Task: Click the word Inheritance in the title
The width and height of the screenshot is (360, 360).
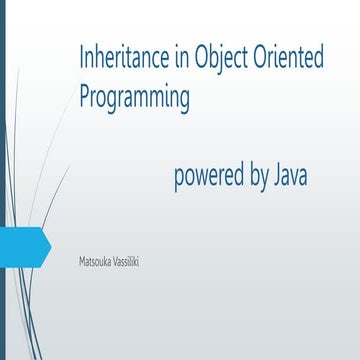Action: [x=119, y=59]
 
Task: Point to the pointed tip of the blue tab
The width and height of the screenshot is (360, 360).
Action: [x=49, y=242]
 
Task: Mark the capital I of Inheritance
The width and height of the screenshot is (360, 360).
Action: [x=82, y=59]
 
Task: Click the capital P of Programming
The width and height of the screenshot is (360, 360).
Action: [x=85, y=97]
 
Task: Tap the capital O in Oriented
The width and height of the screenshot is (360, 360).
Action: [x=258, y=59]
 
